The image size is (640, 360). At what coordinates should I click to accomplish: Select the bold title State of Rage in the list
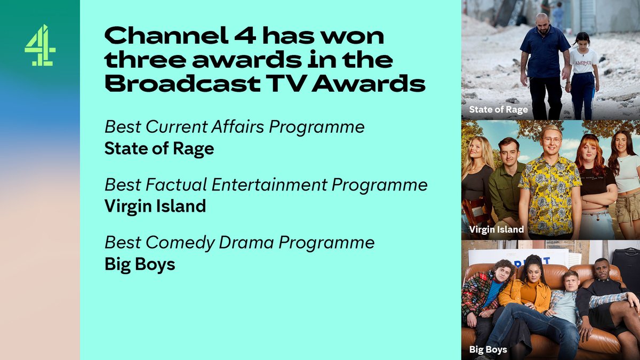pyautogui.click(x=159, y=148)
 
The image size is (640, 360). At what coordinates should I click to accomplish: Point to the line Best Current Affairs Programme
pyautogui.click(x=235, y=127)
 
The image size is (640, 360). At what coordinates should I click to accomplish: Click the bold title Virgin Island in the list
pyautogui.click(x=155, y=205)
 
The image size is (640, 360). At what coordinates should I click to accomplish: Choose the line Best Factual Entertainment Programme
pyautogui.click(x=266, y=185)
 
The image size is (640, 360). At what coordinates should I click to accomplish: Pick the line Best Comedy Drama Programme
pyautogui.click(x=239, y=242)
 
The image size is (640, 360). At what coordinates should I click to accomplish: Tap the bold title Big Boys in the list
pyautogui.click(x=140, y=263)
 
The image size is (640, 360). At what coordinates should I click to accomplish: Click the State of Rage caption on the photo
pyautogui.click(x=498, y=110)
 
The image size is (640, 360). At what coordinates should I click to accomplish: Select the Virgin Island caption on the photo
pyautogui.click(x=497, y=230)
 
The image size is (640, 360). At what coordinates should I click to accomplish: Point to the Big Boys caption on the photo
pyautogui.click(x=488, y=350)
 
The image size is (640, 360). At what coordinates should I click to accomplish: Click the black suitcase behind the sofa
pyautogui.click(x=626, y=270)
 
